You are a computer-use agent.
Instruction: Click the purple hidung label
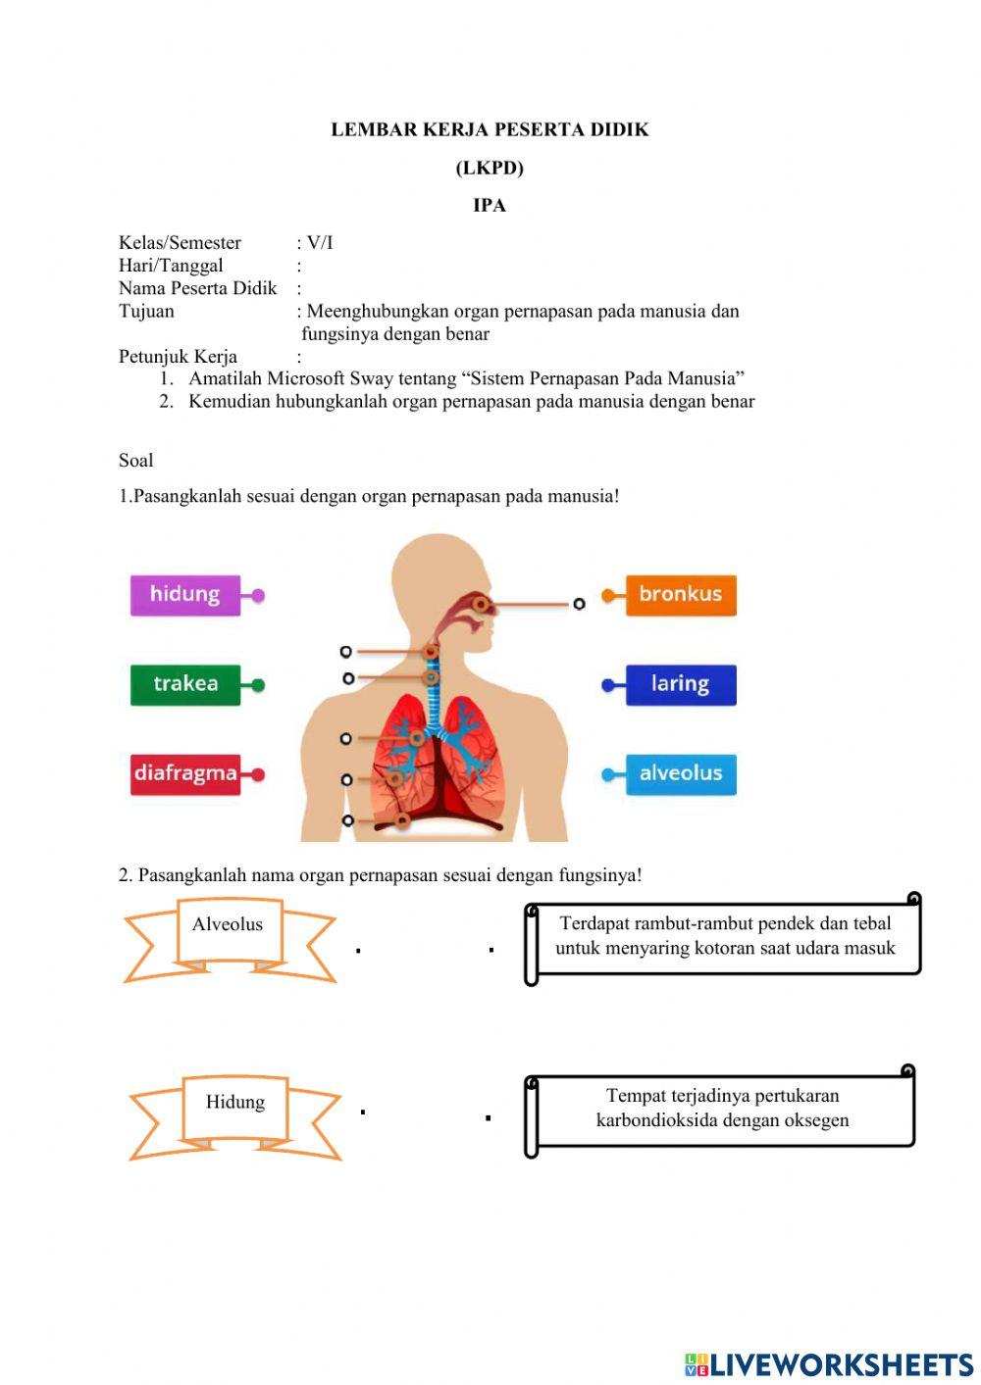tap(185, 595)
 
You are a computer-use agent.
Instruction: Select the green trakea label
tap(185, 684)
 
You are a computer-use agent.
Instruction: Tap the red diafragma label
tap(185, 773)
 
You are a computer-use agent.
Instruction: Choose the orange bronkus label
tap(681, 594)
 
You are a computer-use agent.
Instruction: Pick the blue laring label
tap(681, 684)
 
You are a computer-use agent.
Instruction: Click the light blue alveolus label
tap(681, 773)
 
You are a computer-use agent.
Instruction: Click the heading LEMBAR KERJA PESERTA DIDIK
tap(490, 129)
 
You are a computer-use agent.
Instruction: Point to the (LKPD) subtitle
tap(490, 168)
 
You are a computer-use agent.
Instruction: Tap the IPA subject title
tap(490, 205)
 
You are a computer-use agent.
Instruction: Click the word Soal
tap(136, 461)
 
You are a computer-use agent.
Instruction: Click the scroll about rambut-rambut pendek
tap(725, 936)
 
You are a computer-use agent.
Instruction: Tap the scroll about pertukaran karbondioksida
tap(722, 1109)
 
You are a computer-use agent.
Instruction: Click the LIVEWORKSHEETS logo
tap(829, 1363)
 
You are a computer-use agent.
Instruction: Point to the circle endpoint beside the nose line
tap(579, 604)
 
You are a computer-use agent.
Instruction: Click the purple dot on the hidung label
tap(258, 595)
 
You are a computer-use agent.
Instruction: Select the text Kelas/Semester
tap(180, 243)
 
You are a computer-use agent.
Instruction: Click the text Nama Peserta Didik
tap(198, 288)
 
